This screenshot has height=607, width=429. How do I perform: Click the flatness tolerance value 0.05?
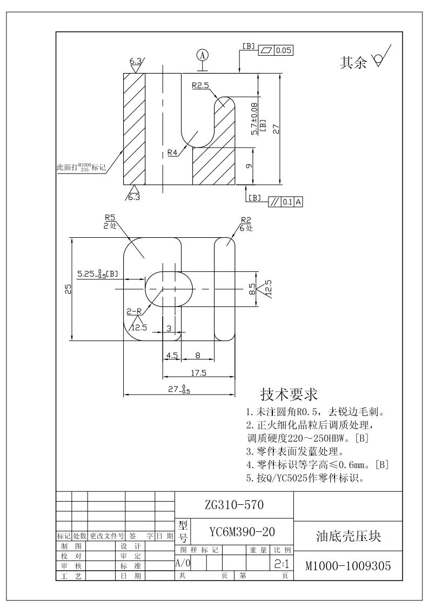click(283, 50)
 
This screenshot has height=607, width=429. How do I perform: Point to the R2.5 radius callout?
click(200, 85)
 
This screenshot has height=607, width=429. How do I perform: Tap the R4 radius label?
click(172, 152)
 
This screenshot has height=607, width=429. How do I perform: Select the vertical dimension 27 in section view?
click(276, 129)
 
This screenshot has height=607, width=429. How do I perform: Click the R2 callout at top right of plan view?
click(246, 219)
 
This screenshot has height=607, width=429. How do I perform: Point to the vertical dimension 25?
click(68, 289)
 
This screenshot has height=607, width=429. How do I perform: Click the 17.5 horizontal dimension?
click(200, 372)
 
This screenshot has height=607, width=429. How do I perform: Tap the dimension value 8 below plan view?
click(198, 355)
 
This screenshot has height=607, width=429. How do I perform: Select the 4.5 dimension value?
click(172, 355)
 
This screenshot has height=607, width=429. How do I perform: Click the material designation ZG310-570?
click(234, 505)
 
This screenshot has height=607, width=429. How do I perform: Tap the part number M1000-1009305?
click(348, 566)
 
